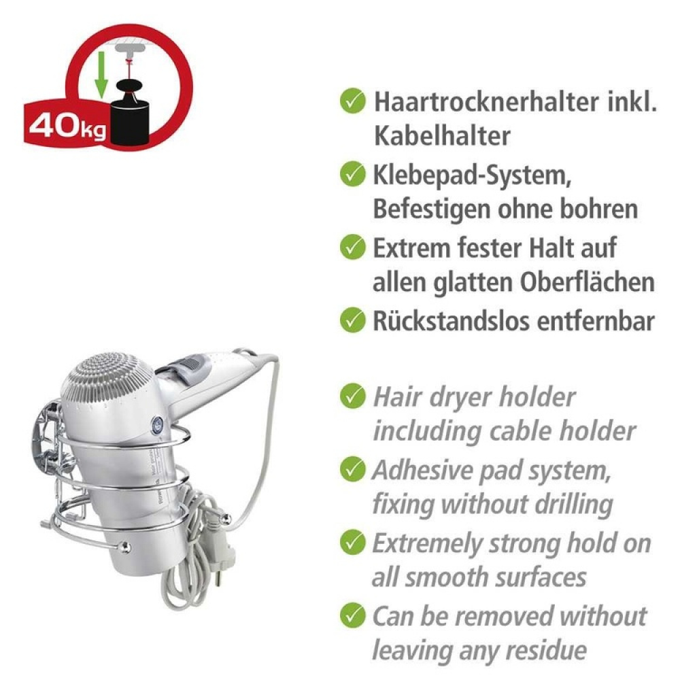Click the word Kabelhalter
pos(441,136)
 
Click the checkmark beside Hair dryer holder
pos(352,396)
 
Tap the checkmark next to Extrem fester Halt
pos(352,247)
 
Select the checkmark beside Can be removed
pos(352,615)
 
